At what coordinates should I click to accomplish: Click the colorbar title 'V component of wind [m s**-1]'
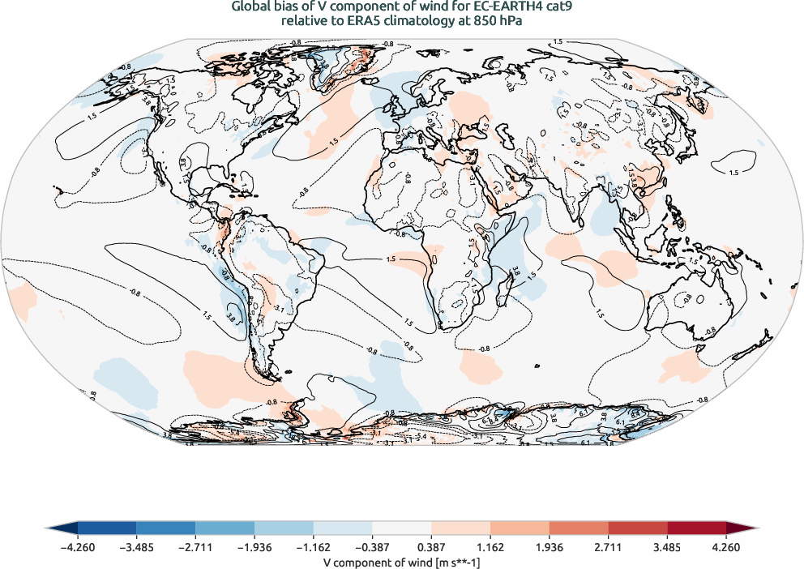point(401,560)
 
